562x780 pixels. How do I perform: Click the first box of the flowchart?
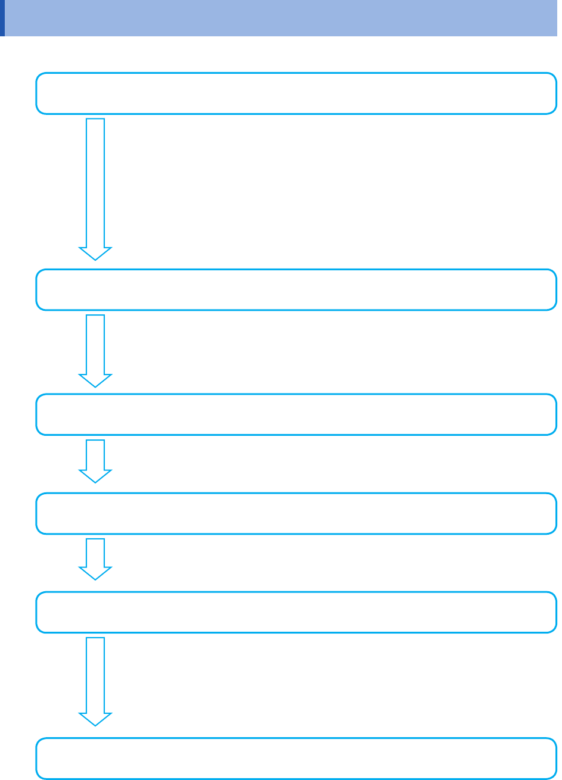click(296, 93)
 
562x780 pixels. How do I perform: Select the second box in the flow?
click(296, 290)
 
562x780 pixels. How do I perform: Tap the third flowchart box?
click(296, 414)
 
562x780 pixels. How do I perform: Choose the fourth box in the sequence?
click(296, 513)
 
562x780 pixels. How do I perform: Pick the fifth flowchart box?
click(296, 612)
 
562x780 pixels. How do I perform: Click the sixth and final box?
click(296, 759)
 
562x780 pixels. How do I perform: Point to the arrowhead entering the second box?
click(95, 253)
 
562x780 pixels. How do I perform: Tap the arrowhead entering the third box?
click(95, 380)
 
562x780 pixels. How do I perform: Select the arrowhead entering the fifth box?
click(95, 573)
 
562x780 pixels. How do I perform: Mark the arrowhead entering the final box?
click(95, 719)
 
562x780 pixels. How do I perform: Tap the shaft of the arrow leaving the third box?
click(95, 454)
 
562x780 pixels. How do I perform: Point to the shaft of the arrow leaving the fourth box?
click(95, 552)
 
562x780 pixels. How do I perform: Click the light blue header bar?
click(283, 18)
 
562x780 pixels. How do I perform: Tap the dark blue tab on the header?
click(2, 18)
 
